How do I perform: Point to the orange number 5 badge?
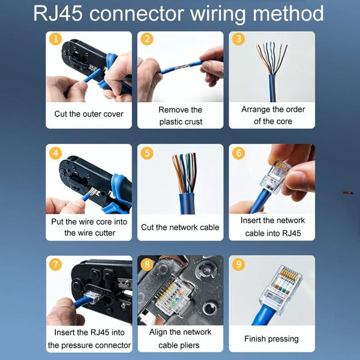pyautogui.click(x=147, y=153)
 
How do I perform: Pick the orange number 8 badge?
pyautogui.click(x=147, y=265)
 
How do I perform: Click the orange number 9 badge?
pyautogui.click(x=239, y=265)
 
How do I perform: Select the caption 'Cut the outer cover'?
pyautogui.click(x=89, y=114)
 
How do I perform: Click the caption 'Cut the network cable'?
pyautogui.click(x=180, y=227)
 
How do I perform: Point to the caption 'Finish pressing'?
pyautogui.click(x=272, y=339)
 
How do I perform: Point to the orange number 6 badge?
pyautogui.click(x=239, y=153)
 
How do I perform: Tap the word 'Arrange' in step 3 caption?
pyautogui.click(x=257, y=110)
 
